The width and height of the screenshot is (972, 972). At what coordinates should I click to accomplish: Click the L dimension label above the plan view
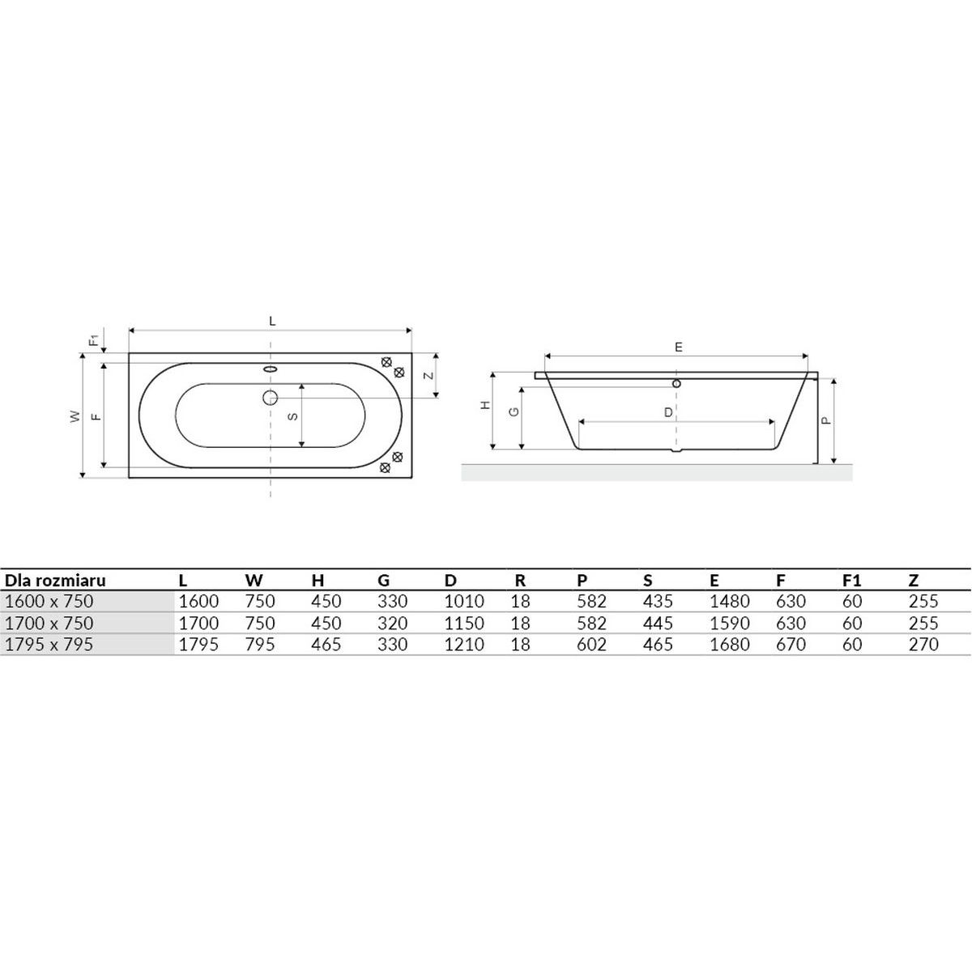tap(272, 322)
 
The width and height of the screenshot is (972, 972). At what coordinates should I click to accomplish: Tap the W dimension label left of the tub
tap(75, 416)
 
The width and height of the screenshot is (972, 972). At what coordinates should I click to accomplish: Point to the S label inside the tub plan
tap(292, 416)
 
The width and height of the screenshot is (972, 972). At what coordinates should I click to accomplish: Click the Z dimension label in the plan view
tap(428, 375)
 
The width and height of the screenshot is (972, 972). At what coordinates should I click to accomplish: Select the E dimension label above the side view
tap(679, 347)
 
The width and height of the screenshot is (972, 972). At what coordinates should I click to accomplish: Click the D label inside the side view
tap(668, 412)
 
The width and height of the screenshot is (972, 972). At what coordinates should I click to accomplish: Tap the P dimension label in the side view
tap(825, 420)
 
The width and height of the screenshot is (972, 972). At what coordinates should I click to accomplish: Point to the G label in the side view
tap(514, 411)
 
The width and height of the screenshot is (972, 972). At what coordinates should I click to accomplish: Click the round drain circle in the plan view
tap(270, 398)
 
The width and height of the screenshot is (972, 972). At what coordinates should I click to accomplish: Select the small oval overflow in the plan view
tap(271, 369)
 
